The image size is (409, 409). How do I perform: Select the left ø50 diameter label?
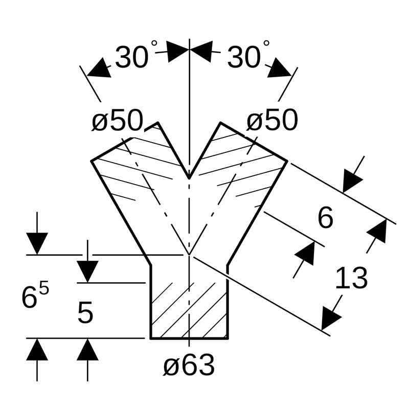tap(118, 121)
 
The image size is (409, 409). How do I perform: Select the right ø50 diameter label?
tap(272, 121)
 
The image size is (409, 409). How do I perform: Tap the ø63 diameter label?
tap(189, 366)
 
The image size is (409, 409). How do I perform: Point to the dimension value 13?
tap(351, 279)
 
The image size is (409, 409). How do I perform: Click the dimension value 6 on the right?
tap(325, 218)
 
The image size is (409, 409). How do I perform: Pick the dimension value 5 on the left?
tap(85, 313)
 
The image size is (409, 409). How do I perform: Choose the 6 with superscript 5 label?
tap(35, 297)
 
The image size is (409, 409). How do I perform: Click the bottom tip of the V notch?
tap(190, 178)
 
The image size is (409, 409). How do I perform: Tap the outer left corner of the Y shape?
tap(92, 161)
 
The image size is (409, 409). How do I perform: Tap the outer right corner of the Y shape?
tap(287, 161)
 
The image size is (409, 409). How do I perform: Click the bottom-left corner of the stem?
tap(150, 338)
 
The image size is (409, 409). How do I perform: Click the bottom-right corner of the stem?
tap(228, 338)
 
